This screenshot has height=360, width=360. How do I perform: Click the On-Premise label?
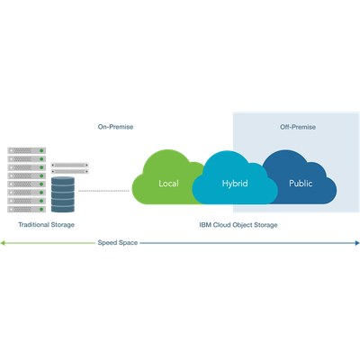tap(115, 127)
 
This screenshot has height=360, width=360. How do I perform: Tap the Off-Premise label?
tap(298, 127)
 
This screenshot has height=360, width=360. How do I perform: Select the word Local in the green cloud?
tap(168, 184)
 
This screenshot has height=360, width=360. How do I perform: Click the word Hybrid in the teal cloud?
tap(235, 184)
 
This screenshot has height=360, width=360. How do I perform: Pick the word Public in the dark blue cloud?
tap(301, 184)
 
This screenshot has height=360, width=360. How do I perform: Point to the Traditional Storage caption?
tap(46, 225)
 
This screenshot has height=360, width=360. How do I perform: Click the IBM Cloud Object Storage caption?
tap(238, 225)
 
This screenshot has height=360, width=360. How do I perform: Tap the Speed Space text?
tap(118, 243)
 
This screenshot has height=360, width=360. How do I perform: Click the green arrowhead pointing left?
tap(3, 243)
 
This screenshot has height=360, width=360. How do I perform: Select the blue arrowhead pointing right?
tap(357, 243)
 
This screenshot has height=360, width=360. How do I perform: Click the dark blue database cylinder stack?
tap(63, 194)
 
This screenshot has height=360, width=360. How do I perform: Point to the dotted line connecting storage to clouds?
tap(103, 191)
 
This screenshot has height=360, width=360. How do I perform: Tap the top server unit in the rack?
tap(27, 150)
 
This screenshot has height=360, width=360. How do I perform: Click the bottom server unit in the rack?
tap(27, 209)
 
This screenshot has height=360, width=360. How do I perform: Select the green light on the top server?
tap(41, 150)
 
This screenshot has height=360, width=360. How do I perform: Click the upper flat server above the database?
tap(69, 165)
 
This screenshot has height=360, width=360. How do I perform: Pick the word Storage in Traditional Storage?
tap(62, 225)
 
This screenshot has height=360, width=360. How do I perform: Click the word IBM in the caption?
tap(205, 225)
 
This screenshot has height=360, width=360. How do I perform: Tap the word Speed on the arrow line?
tap(107, 243)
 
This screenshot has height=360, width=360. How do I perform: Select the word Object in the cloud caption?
tap(242, 225)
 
